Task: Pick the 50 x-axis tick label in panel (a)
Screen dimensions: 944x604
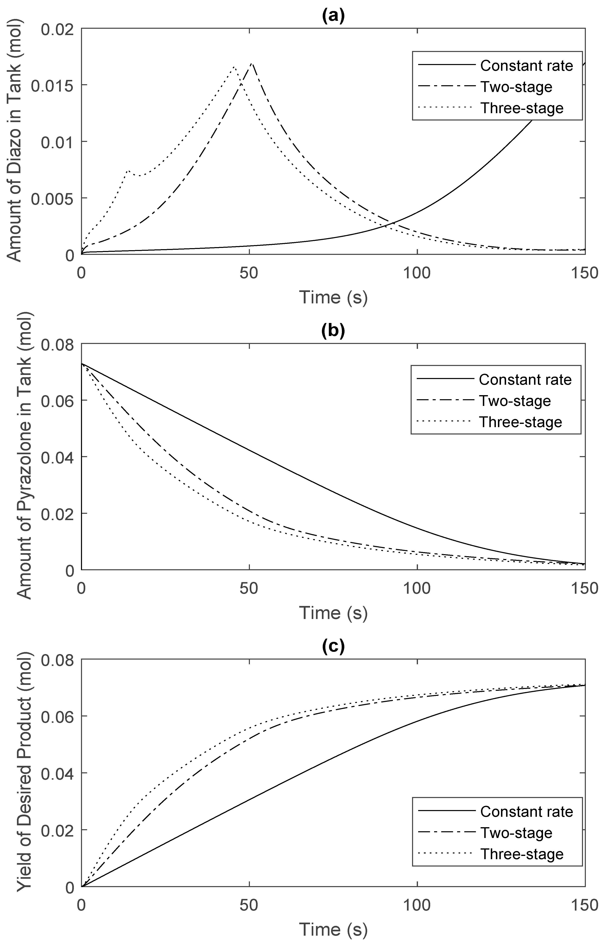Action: (249, 273)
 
